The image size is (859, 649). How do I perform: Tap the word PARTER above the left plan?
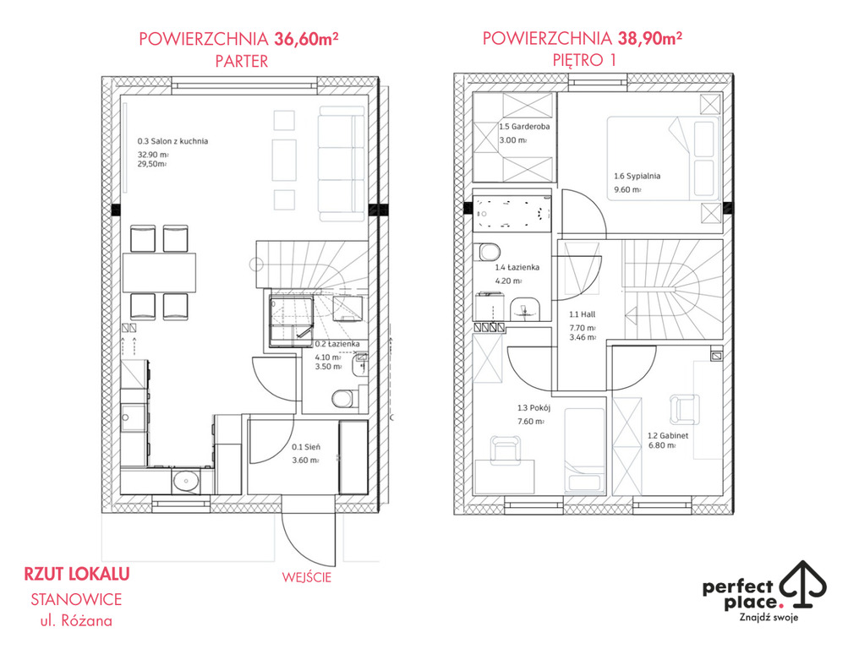click(242, 62)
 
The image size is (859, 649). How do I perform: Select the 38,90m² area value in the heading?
click(649, 38)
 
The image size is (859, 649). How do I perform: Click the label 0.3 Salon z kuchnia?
click(172, 141)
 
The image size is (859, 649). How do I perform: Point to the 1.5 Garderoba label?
click(524, 127)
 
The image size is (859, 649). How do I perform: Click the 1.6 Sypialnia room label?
click(637, 177)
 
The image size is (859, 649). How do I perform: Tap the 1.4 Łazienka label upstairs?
click(517, 267)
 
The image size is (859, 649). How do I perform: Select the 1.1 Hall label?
click(582, 314)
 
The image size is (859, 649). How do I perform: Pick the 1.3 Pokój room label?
click(533, 408)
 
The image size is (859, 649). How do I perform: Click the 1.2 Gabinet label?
click(668, 436)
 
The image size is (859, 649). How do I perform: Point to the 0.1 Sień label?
click(306, 447)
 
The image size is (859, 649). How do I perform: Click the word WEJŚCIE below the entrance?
click(307, 577)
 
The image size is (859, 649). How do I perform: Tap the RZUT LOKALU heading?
click(77, 574)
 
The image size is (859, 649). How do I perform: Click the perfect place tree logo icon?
click(803, 584)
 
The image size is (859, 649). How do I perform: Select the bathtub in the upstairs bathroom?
click(512, 212)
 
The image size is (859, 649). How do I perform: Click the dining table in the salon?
click(159, 272)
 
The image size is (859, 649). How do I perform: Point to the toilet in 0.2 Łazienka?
click(343, 398)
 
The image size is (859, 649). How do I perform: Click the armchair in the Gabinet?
click(684, 409)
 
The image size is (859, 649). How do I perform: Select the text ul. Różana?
click(76, 621)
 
